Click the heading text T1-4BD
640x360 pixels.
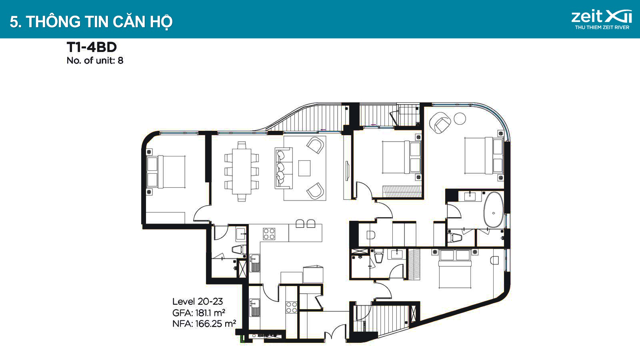92,47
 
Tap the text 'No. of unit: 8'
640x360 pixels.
95,60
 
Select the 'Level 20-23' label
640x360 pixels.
198,302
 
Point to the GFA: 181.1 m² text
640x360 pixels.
198,313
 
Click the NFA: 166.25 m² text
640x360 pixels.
204,324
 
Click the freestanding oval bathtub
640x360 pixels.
494,210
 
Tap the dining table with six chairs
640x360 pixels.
242,172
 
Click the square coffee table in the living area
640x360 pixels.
304,168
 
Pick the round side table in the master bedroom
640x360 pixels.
460,118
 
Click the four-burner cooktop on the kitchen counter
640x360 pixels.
269,234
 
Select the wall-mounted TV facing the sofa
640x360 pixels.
347,171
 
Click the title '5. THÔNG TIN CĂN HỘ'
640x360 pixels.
91,22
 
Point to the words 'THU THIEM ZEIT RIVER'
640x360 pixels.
602,28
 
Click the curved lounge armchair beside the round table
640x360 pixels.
440,122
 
